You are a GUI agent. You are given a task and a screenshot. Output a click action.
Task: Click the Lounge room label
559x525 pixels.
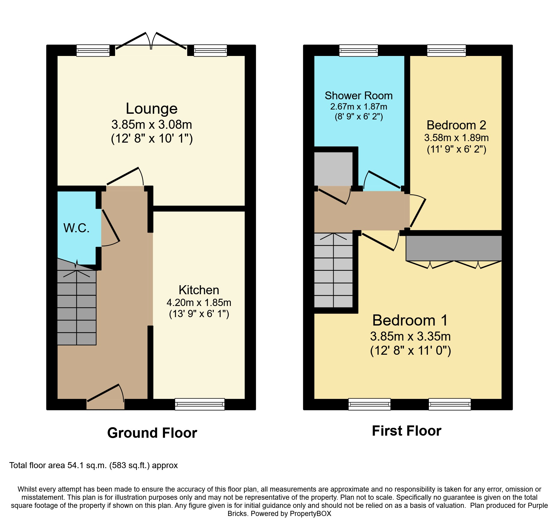(151, 109)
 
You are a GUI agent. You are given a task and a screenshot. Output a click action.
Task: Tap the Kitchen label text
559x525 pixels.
(199, 290)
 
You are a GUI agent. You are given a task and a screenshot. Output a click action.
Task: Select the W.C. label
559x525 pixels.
(76, 228)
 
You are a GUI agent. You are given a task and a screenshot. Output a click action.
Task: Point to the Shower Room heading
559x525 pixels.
(359, 96)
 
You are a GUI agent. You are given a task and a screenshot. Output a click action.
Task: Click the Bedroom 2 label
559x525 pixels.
(456, 125)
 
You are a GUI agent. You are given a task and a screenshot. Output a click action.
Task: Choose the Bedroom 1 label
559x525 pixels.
(410, 320)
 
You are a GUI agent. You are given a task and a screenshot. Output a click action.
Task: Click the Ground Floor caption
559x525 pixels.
(152, 433)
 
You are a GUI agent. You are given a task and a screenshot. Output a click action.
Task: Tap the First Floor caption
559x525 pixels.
(406, 431)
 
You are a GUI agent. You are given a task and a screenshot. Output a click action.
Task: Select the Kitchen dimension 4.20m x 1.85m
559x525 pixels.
(199, 302)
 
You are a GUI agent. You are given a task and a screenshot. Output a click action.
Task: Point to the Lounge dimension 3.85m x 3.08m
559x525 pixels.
(151, 125)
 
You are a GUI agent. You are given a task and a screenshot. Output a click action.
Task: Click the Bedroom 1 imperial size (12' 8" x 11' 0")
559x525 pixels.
(410, 351)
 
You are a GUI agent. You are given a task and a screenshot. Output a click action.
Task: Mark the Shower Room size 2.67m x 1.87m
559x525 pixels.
(359, 107)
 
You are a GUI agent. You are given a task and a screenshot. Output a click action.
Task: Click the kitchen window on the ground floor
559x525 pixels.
(200, 404)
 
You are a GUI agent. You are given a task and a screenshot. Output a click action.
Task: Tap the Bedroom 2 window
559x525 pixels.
(446, 50)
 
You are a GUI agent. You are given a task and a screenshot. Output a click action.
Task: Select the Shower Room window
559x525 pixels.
(359, 50)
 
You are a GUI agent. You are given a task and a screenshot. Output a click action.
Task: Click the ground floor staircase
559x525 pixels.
(77, 307)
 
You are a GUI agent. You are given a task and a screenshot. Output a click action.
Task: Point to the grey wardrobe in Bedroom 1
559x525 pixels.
(454, 248)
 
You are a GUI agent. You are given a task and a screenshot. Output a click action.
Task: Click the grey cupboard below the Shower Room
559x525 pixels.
(333, 169)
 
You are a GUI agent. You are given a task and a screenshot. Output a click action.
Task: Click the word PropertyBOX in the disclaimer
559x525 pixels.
(310, 514)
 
